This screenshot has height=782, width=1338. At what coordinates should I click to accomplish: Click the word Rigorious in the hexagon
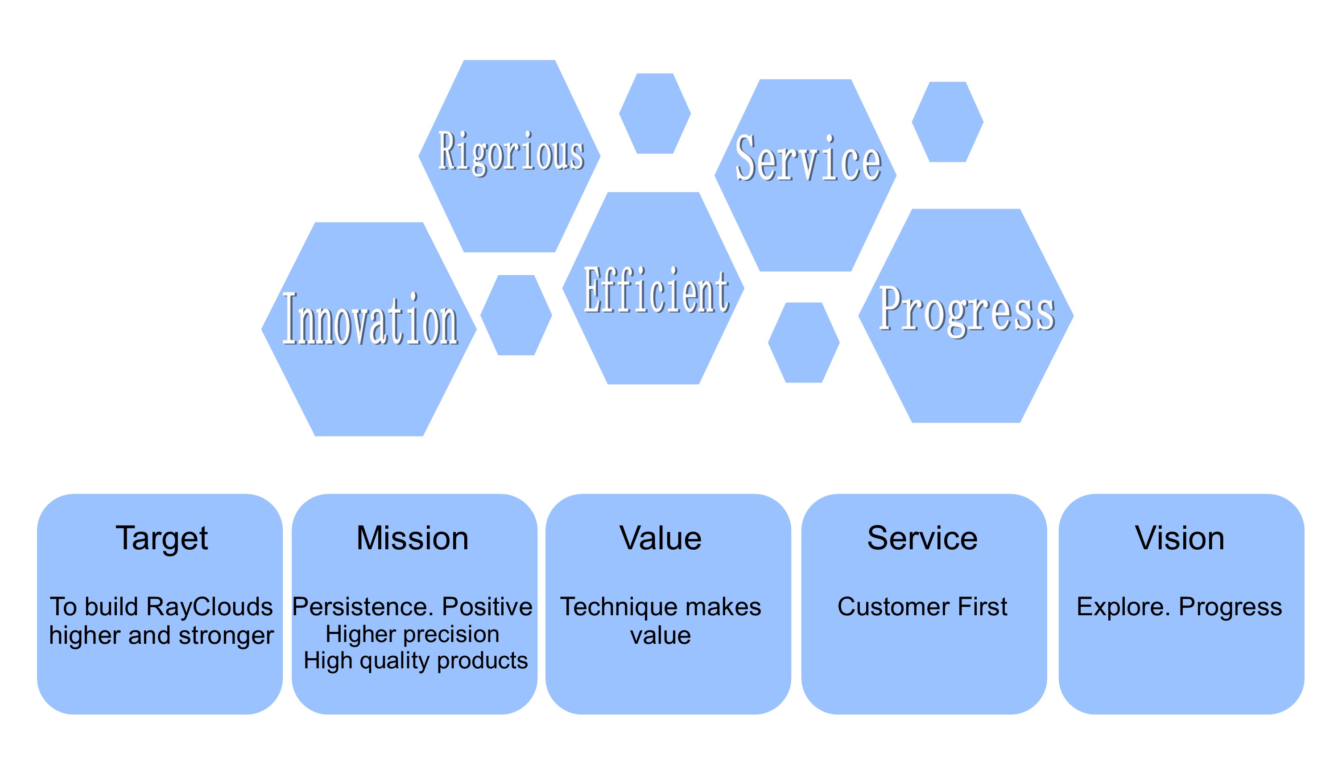click(511, 153)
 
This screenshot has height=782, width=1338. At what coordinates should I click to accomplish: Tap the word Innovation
click(370, 319)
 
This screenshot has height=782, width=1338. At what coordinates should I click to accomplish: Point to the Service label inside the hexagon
click(808, 158)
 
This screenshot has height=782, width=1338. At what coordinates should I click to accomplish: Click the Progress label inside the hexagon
click(967, 311)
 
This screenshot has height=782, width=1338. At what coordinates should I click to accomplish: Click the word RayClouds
click(209, 607)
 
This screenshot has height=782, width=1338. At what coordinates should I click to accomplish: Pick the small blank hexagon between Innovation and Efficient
click(516, 315)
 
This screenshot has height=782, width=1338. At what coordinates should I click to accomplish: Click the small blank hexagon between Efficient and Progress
click(804, 343)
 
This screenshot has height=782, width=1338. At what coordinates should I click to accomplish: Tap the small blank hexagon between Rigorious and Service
click(655, 114)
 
